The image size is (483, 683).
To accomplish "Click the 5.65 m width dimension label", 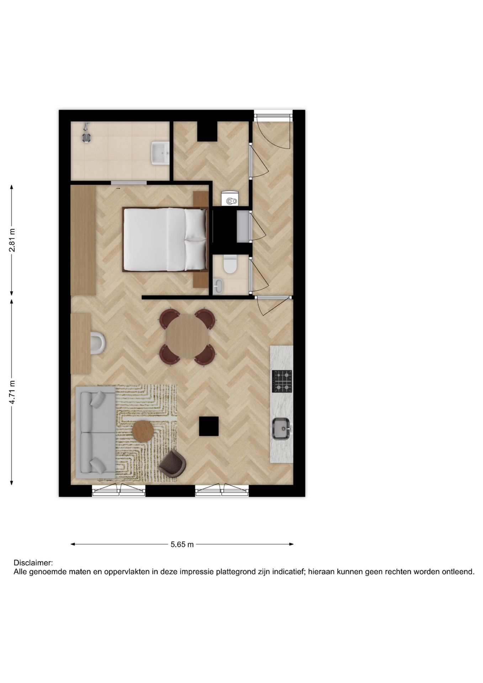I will (182, 544).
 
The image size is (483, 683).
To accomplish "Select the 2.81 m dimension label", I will (12, 240).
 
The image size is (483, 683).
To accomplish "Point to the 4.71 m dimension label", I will (12, 392).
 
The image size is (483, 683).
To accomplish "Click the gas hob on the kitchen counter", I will (282, 381).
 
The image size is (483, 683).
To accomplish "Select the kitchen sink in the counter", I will (281, 429).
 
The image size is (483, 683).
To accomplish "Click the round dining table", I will (187, 336).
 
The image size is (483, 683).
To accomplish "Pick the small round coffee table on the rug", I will (143, 431).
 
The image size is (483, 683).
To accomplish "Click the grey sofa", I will (95, 432).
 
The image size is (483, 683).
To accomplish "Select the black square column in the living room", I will (209, 426).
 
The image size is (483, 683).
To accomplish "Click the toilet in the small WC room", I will (230, 265).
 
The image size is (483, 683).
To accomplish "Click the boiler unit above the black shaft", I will (230, 198).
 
